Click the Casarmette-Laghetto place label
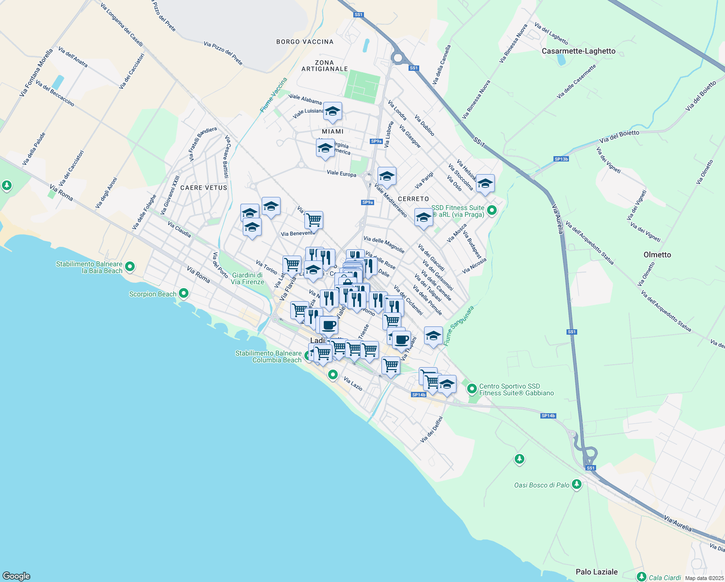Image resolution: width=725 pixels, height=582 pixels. click(578, 51)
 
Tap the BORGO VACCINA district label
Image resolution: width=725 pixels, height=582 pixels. click(305, 42)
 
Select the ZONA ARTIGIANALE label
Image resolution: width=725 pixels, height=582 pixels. click(325, 65)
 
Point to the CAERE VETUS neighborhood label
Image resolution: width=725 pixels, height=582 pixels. click(204, 188)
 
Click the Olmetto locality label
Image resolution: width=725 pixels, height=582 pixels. click(657, 255)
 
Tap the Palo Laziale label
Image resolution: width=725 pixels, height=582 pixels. click(597, 572)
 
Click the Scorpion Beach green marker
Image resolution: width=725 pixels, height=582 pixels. click(184, 293)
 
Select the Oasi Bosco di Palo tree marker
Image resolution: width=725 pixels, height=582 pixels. click(576, 484)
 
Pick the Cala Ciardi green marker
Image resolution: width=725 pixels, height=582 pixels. click(642, 577)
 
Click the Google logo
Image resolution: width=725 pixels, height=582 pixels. click(16, 576)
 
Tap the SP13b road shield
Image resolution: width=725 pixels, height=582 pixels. click(561, 159)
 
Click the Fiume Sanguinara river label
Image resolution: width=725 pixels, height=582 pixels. click(458, 325)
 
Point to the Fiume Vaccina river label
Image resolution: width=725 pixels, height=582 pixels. click(273, 95)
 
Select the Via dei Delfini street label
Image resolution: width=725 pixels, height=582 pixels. click(431, 429)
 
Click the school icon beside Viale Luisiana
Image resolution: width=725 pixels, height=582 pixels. click(332, 112)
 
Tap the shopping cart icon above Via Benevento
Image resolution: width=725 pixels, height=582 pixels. click(314, 220)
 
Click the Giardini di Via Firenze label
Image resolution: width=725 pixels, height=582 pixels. click(247, 278)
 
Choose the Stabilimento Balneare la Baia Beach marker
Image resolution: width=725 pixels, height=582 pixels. click(129, 266)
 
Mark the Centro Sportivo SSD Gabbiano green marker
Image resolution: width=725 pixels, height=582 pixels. click(472, 389)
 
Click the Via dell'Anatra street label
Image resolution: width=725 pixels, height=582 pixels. click(73, 57)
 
